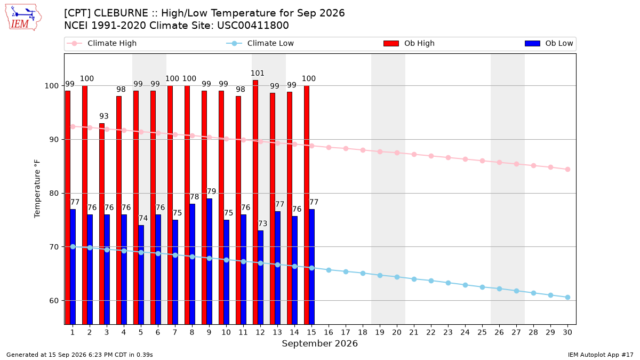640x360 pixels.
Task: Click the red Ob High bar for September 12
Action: coord(255,202)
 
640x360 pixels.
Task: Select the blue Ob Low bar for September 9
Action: coord(210,261)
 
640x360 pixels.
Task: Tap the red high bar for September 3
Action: coord(102,223)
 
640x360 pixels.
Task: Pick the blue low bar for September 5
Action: coord(141,275)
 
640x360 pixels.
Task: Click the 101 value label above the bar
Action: coord(258,74)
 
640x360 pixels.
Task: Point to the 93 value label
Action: coord(104,116)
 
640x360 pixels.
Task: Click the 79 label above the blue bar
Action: coord(211,191)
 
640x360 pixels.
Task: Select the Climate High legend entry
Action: coord(101,43)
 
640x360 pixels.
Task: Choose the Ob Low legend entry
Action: coord(549,43)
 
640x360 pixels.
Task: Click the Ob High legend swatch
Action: coord(391,43)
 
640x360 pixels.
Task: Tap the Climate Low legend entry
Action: coord(260,43)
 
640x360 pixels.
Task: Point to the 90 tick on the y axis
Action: coord(53,140)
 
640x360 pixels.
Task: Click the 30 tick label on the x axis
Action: coord(567,332)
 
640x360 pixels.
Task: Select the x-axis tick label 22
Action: coord(431,332)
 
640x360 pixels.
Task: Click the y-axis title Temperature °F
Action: coord(37,189)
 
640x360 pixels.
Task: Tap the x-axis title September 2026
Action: coord(319,343)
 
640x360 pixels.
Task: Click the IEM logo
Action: coord(23,18)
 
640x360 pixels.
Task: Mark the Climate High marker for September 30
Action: coord(567,170)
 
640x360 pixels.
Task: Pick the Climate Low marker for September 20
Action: coord(397,277)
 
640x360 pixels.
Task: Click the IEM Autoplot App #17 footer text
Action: coord(601,355)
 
